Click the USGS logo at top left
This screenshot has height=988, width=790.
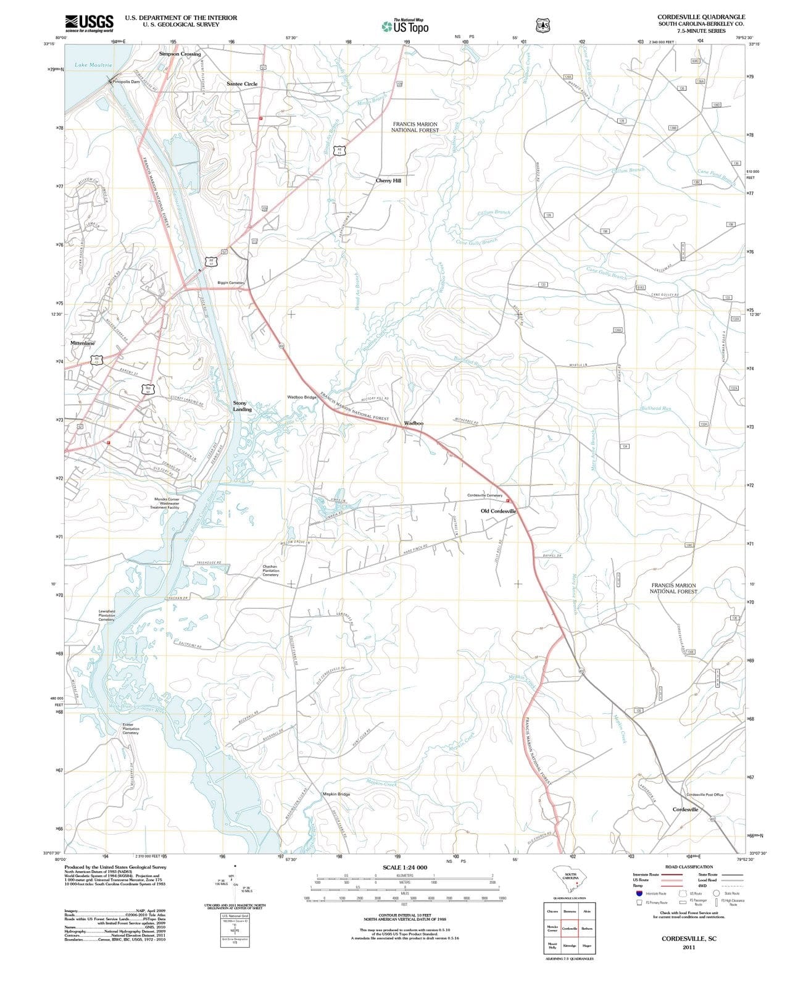(x=89, y=23)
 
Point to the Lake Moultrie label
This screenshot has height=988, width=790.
(x=93, y=65)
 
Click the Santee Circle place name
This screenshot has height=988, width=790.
(x=242, y=84)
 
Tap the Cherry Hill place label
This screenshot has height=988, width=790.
(x=388, y=181)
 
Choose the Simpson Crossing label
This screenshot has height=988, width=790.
(x=180, y=54)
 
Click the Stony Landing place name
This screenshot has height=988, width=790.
(x=242, y=406)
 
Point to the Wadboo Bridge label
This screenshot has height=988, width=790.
(x=302, y=397)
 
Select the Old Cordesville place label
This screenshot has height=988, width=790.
(x=498, y=511)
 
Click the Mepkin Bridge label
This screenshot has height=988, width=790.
(x=336, y=794)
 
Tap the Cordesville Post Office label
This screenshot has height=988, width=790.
(x=705, y=795)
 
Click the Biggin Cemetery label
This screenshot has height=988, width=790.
(x=231, y=283)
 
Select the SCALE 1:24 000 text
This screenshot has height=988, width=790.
(x=405, y=868)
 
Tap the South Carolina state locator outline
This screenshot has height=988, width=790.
(x=570, y=878)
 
